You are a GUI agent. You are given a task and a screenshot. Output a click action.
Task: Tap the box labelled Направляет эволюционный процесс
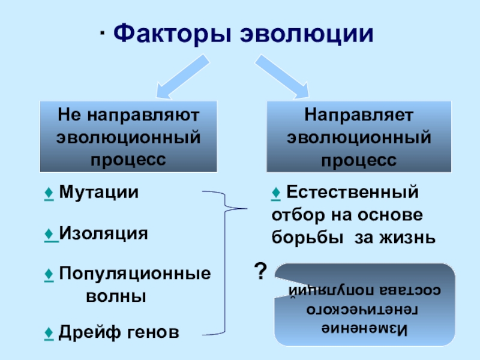click(x=359, y=136)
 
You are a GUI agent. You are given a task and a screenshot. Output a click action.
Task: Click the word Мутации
click(x=99, y=193)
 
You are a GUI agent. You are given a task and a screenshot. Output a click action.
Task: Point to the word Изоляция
click(x=103, y=233)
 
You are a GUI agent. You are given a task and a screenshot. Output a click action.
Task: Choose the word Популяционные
click(x=135, y=274)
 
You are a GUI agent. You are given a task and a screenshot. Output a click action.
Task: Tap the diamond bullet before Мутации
click(x=47, y=193)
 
